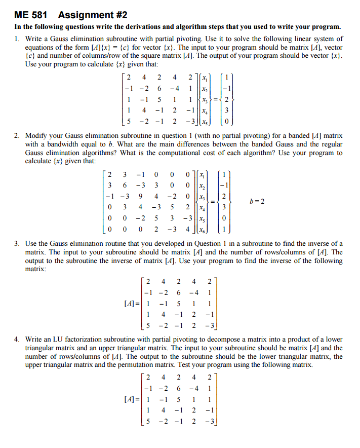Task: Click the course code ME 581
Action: [30, 15]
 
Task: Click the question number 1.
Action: [17, 39]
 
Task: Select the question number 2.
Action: [17, 136]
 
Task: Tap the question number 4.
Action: [17, 339]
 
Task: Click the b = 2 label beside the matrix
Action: [257, 201]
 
